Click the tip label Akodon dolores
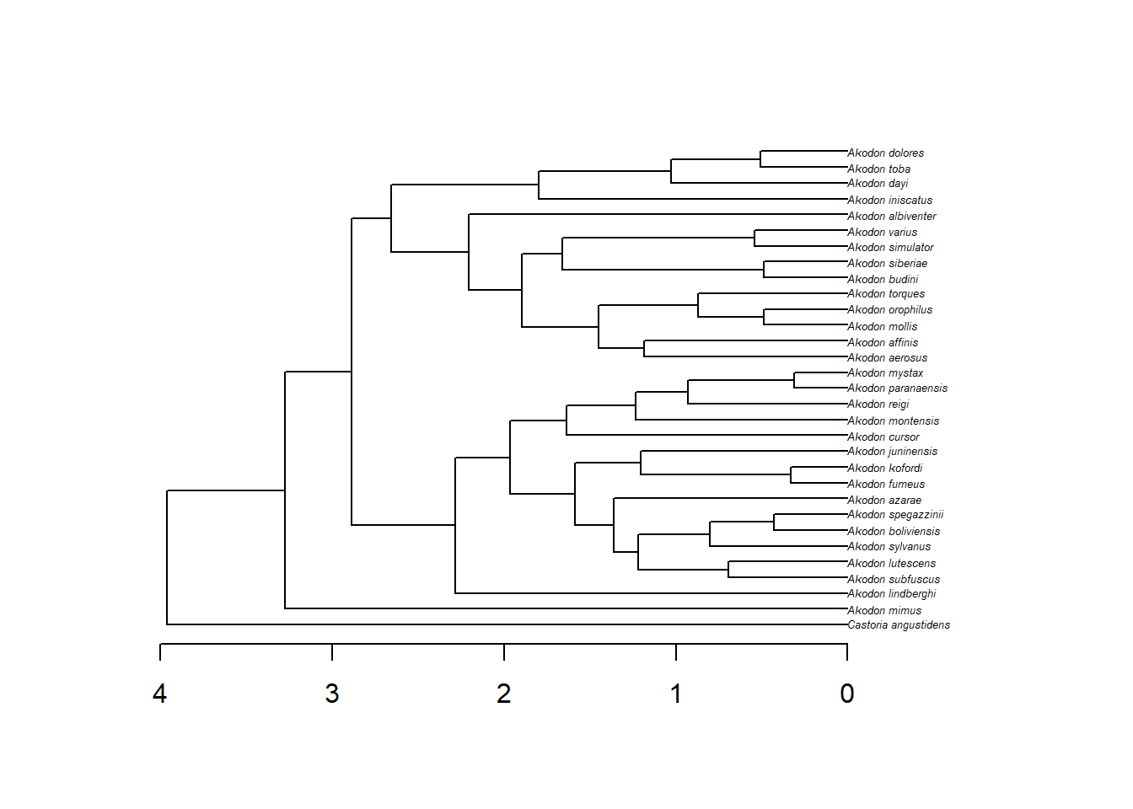point(885,153)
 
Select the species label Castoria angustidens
point(899,625)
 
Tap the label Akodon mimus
point(884,611)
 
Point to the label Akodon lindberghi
point(891,594)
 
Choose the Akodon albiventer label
point(891,217)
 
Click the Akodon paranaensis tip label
point(897,388)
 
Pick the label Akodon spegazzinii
point(895,515)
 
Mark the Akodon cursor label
point(883,437)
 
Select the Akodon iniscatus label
point(889,201)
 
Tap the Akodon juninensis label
point(892,452)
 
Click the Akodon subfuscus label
point(894,580)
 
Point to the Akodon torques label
point(886,294)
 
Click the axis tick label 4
point(160,694)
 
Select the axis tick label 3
point(332,694)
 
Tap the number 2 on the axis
point(504,694)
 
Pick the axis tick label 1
point(676,694)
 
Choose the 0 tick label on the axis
point(847,694)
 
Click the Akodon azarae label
point(884,501)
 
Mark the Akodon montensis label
point(893,421)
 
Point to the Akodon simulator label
point(890,248)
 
